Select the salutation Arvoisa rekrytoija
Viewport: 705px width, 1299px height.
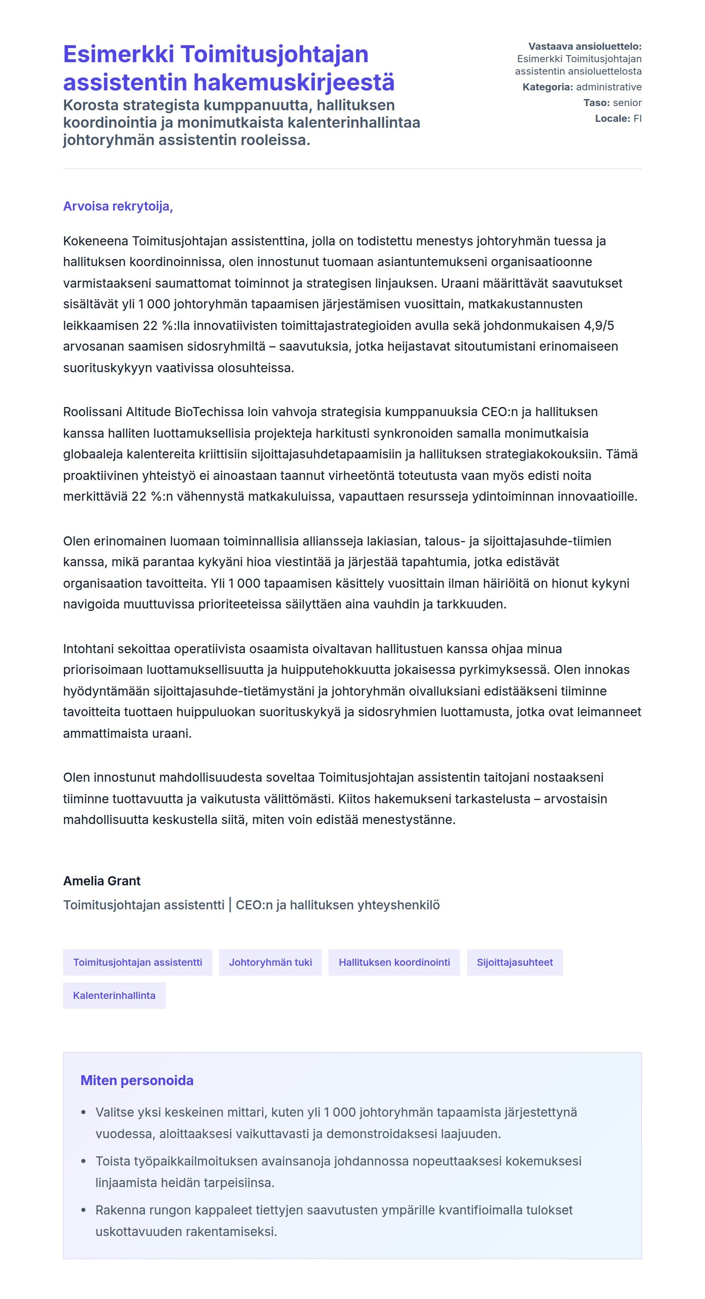(118, 206)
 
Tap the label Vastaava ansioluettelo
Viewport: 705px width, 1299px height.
(584, 46)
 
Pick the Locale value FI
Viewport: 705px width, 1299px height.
(637, 119)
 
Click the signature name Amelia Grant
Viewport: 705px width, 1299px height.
(102, 881)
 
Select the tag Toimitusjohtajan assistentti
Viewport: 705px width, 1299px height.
(137, 962)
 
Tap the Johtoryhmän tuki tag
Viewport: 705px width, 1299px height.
(270, 962)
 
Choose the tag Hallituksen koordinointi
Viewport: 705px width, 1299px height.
(394, 962)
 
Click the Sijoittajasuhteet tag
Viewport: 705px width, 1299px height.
(514, 962)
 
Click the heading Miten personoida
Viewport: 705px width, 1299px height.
(137, 1080)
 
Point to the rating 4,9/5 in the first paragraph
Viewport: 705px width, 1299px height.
(599, 326)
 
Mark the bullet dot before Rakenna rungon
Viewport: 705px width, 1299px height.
(84, 1210)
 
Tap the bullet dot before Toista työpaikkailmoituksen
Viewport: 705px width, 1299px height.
(84, 1161)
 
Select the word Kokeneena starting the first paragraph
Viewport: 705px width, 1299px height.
(95, 241)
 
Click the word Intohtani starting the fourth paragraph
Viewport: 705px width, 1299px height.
(88, 649)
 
